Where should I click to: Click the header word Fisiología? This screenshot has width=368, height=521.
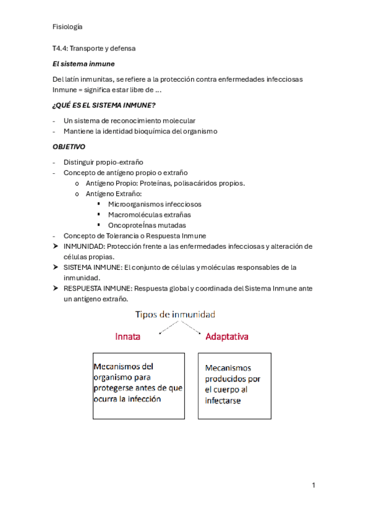[68, 26]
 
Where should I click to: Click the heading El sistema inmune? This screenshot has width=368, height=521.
[84, 63]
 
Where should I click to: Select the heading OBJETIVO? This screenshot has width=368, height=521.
[69, 147]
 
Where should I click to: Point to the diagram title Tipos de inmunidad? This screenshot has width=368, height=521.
[175, 315]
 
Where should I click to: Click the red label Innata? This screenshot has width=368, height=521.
[128, 337]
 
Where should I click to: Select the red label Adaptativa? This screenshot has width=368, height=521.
[227, 337]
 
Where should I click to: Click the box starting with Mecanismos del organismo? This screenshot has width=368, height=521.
[138, 385]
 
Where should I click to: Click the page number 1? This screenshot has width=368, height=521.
[313, 485]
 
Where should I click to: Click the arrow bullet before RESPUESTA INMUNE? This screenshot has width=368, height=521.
[57, 288]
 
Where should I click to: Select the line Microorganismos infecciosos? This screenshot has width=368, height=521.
[154, 204]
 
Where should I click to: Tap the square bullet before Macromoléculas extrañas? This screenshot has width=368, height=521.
[99, 214]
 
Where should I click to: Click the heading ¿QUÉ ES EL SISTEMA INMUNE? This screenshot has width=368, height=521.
[104, 105]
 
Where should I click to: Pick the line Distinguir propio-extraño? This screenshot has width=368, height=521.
[103, 162]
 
